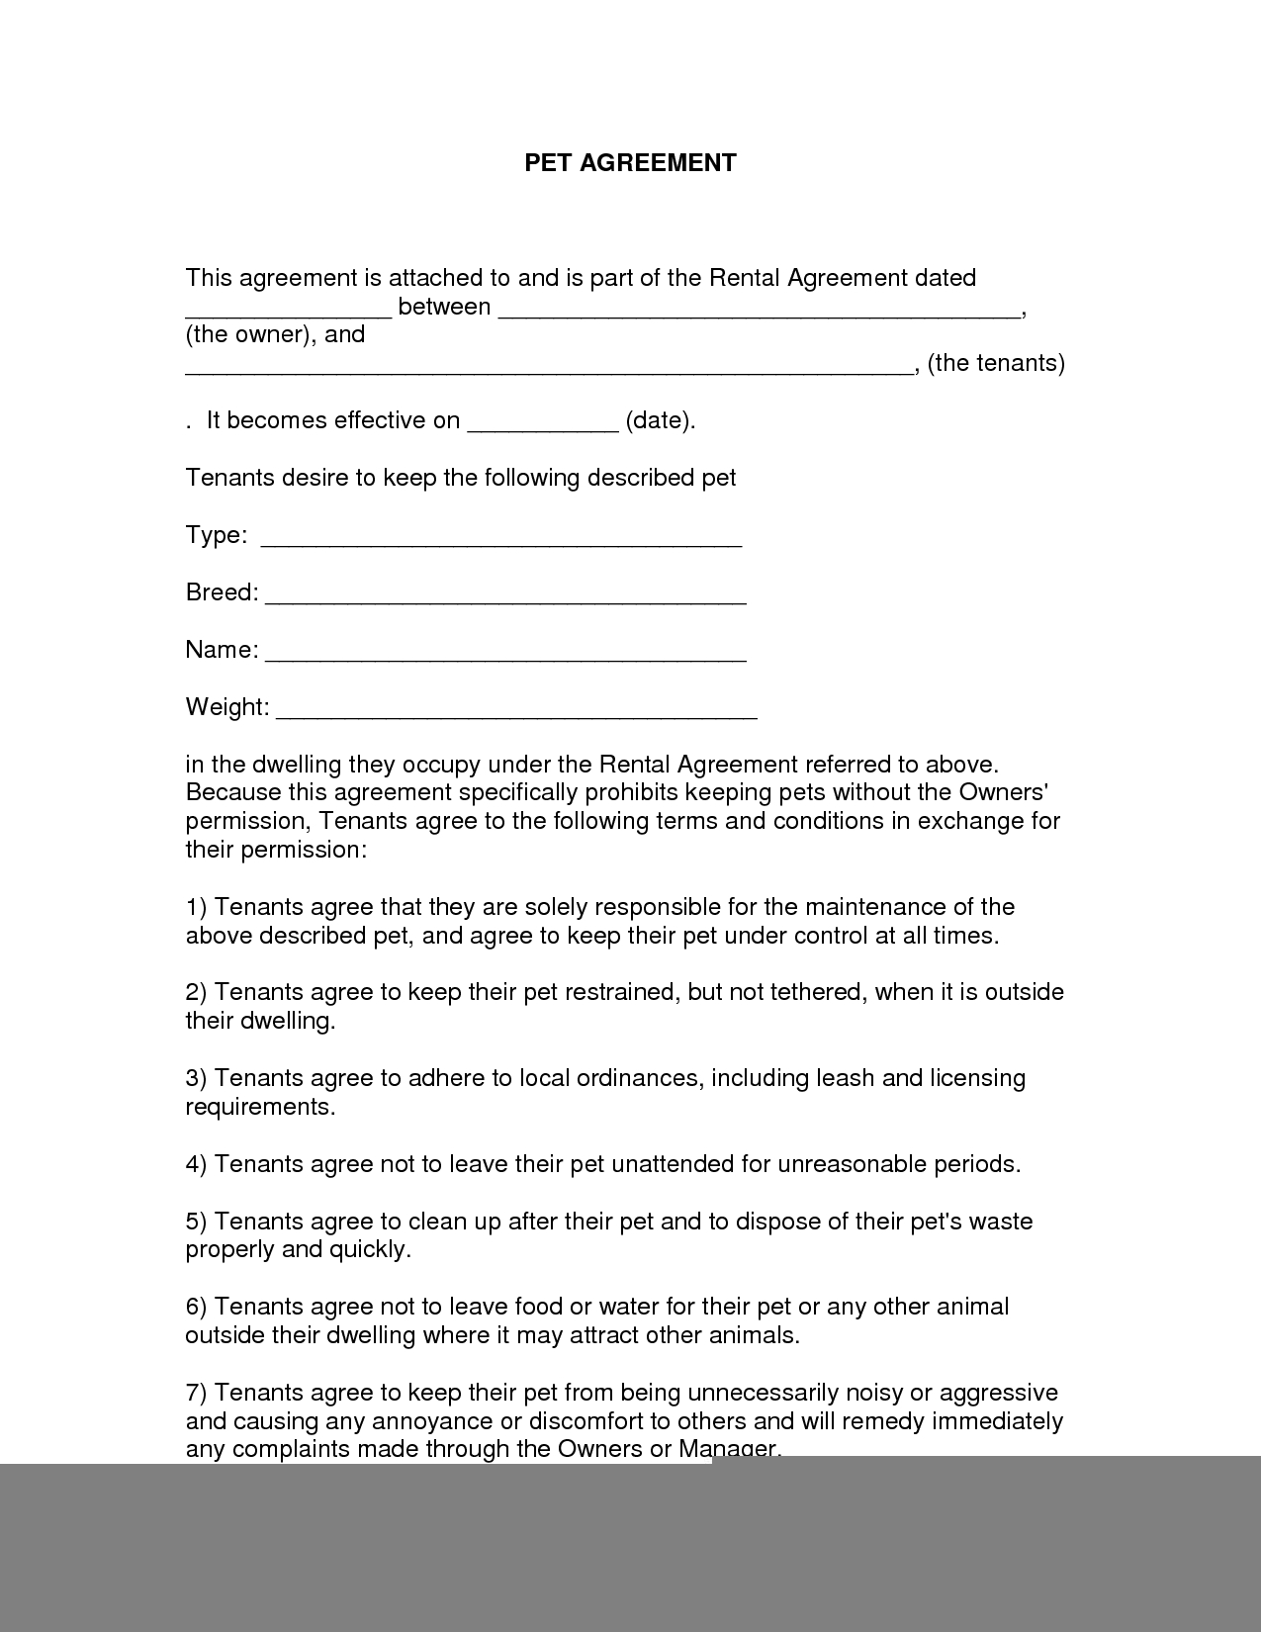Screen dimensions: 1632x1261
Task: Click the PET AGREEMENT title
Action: click(630, 163)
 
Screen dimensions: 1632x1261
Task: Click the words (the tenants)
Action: click(996, 364)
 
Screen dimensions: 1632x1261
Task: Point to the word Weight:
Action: click(226, 707)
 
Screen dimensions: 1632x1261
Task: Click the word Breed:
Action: click(222, 592)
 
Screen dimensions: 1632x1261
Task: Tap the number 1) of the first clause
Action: click(196, 907)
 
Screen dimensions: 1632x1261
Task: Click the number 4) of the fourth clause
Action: click(196, 1164)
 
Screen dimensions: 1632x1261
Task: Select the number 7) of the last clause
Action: click(196, 1393)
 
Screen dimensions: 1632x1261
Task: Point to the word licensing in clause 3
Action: click(977, 1078)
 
